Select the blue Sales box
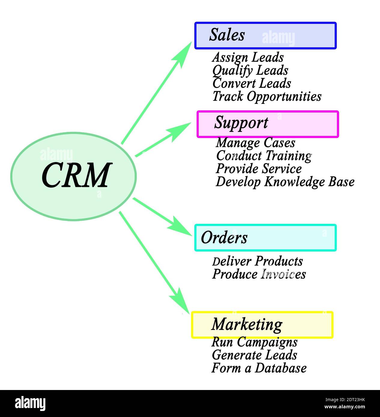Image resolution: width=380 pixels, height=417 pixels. [265, 36]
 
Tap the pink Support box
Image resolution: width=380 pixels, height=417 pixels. [267, 124]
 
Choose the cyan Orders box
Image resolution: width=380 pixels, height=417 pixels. [265, 238]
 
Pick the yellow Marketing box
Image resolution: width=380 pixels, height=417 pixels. [262, 325]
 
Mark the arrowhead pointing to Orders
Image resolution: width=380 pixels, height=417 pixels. [181, 229]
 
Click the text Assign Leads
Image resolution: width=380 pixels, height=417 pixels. [248, 57]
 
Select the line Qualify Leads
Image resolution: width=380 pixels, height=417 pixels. [250, 71]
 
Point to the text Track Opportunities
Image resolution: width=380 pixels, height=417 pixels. [267, 97]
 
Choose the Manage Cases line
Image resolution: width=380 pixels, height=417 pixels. [255, 143]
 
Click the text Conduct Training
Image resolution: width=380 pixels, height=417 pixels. [264, 156]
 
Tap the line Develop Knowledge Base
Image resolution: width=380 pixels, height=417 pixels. [285, 182]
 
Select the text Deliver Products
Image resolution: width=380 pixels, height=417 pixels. [257, 261]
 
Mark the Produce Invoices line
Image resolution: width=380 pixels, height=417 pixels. [259, 274]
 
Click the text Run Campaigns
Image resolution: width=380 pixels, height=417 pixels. [254, 342]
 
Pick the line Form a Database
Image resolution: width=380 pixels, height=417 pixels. [259, 368]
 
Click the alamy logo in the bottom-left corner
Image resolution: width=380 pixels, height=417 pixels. [30, 403]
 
